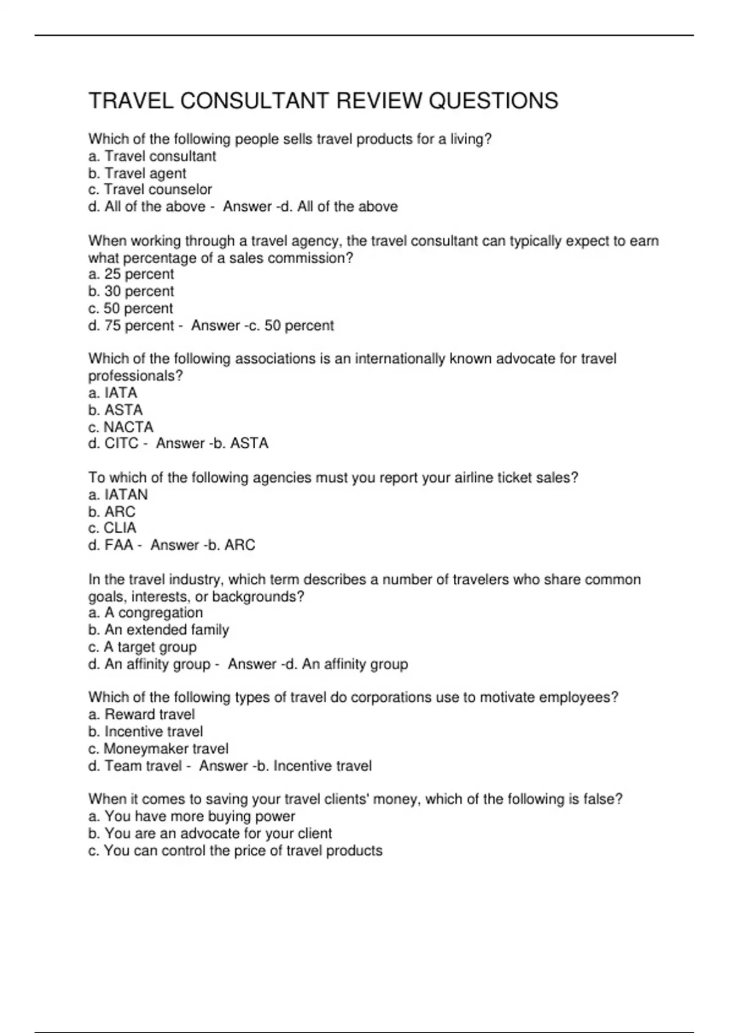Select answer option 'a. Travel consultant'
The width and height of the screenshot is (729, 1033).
(x=152, y=156)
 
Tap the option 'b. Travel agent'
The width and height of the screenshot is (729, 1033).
(x=137, y=173)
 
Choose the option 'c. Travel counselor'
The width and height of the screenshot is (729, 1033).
(x=150, y=190)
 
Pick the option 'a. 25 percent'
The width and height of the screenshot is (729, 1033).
(x=131, y=274)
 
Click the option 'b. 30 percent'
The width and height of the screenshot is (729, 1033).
(x=131, y=291)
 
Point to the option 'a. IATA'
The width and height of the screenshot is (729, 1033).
(x=113, y=393)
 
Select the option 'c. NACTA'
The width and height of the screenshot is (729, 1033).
(x=121, y=427)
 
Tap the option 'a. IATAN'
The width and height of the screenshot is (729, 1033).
(x=118, y=495)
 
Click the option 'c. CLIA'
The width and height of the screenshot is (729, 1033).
(x=112, y=528)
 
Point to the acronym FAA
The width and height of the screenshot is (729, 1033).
(x=118, y=545)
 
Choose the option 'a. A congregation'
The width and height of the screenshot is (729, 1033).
(x=146, y=613)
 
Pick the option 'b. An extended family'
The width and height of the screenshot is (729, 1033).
(x=159, y=630)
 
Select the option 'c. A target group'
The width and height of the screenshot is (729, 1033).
(x=143, y=647)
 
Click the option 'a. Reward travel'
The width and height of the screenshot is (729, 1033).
(x=142, y=714)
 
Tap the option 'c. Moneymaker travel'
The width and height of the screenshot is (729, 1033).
(x=159, y=749)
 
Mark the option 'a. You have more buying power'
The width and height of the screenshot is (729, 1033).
(x=192, y=816)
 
